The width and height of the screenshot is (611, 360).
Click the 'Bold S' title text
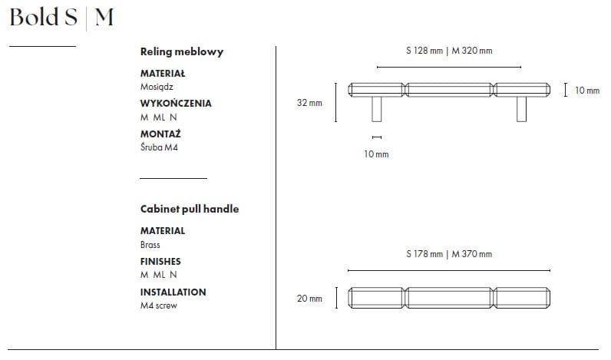click(44, 18)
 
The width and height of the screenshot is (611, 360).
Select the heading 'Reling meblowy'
click(182, 52)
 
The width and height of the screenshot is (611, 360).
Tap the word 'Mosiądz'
click(157, 87)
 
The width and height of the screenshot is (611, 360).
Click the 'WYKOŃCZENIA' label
click(176, 104)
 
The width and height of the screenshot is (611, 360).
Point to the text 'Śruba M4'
click(159, 147)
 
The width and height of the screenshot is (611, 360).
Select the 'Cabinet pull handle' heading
click(190, 210)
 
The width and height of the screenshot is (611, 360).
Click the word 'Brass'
click(150, 245)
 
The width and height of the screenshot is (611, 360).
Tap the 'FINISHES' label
click(160, 262)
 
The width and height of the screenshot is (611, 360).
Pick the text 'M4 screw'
click(159, 306)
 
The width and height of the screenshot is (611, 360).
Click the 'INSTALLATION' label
click(173, 292)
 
